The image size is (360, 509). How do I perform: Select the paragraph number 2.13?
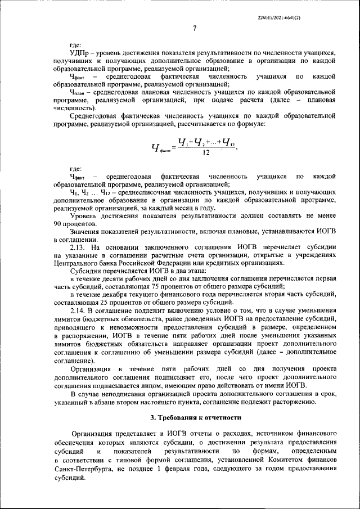pyautogui.click(x=79, y=247)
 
